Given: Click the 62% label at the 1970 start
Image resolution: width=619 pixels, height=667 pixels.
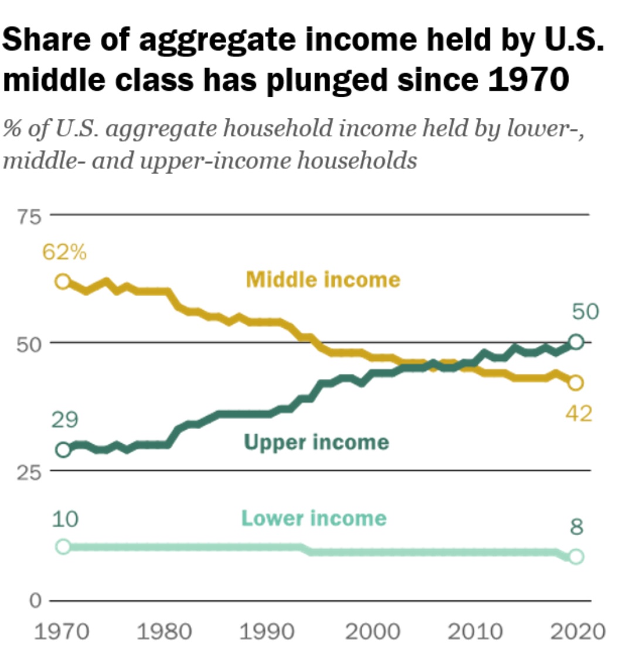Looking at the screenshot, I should [64, 253].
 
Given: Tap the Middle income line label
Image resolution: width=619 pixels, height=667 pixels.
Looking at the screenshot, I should [323, 279].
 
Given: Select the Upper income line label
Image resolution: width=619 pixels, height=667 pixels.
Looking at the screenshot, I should [316, 441].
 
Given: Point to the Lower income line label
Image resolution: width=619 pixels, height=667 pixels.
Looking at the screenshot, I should [314, 518].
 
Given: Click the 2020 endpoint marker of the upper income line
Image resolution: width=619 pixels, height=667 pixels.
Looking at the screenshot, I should [576, 342].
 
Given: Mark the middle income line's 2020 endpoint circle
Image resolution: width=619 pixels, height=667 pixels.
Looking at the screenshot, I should [576, 383].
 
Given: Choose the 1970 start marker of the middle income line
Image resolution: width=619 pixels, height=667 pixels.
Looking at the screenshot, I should [63, 281].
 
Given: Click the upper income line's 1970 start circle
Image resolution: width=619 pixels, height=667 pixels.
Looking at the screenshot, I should [63, 450].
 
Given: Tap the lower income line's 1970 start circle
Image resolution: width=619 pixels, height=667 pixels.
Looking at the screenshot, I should [63, 547].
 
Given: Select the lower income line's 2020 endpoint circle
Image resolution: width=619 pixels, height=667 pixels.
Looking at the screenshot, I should [576, 556].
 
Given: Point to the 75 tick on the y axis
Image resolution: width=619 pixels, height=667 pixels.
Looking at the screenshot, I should [31, 216].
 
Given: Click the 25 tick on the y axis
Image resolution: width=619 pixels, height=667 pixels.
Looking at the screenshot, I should [31, 472].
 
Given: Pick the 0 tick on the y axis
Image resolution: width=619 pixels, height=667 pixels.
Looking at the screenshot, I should [35, 601].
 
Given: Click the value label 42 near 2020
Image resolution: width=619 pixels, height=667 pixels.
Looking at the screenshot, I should [579, 414].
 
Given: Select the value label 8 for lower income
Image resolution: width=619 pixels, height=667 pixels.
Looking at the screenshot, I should [577, 528].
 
